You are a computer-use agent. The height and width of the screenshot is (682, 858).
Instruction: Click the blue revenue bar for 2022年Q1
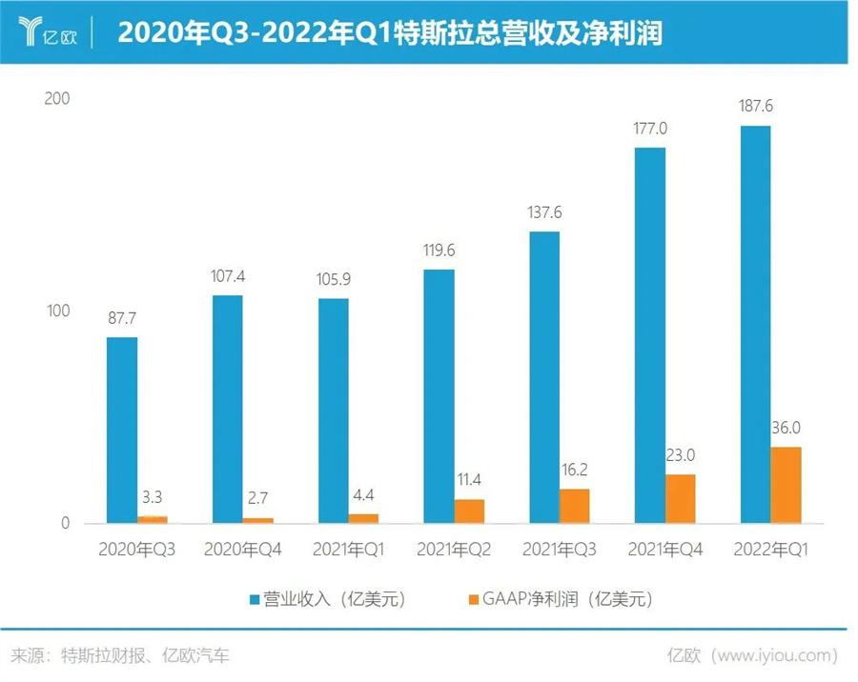pyautogui.click(x=755, y=324)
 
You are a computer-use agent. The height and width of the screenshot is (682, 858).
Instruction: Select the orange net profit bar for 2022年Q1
pyautogui.click(x=786, y=485)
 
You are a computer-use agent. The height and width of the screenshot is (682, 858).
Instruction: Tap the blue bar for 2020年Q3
pyautogui.click(x=121, y=430)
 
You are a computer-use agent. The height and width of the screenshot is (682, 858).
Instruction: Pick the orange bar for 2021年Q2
pyautogui.click(x=469, y=511)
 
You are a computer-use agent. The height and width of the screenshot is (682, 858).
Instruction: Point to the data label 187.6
pyautogui.click(x=755, y=108)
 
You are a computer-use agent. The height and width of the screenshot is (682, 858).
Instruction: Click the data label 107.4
pyautogui.click(x=227, y=278)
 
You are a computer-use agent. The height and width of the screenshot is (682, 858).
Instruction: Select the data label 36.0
pyautogui.click(x=786, y=429)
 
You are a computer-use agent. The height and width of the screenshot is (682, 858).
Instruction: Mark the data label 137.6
pyautogui.click(x=543, y=213)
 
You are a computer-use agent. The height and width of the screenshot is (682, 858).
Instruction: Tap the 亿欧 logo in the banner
pyautogui.click(x=45, y=33)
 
